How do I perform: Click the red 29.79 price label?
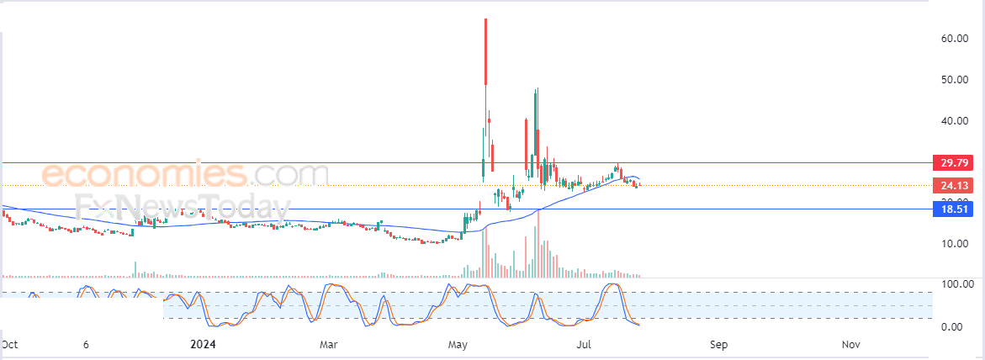point(950,161)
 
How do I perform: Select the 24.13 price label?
point(950,185)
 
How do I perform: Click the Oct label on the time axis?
point(10,344)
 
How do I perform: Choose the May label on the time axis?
point(458,344)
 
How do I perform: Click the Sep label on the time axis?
point(718,344)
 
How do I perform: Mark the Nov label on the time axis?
point(850,344)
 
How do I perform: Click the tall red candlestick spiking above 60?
point(485,50)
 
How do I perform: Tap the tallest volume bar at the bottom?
point(538,244)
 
